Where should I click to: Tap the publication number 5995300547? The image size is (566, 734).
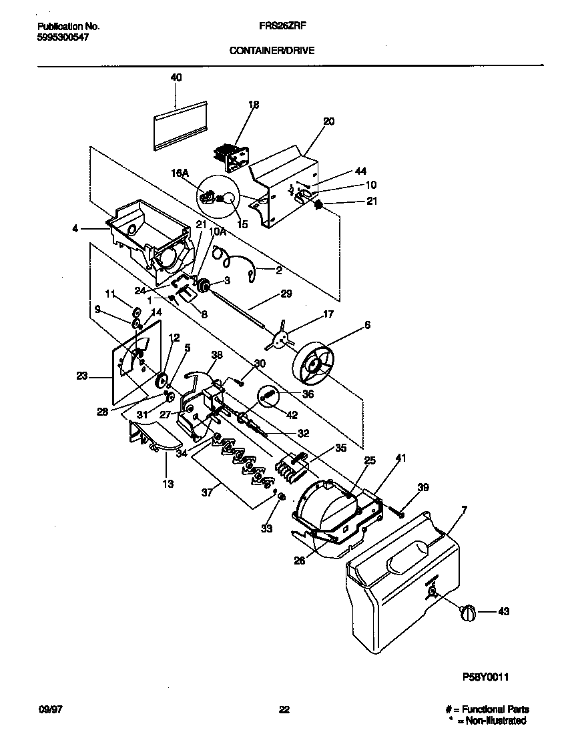[x=63, y=37]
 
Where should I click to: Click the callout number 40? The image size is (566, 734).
[x=176, y=77]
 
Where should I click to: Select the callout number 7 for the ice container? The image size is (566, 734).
[x=464, y=510]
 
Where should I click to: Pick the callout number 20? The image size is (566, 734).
[x=328, y=121]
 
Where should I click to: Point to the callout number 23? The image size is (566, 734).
[x=82, y=376]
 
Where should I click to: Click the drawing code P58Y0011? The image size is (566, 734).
[x=486, y=677]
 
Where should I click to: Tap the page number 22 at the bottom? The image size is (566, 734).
[x=284, y=709]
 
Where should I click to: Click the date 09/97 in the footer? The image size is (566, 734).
[x=49, y=709]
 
